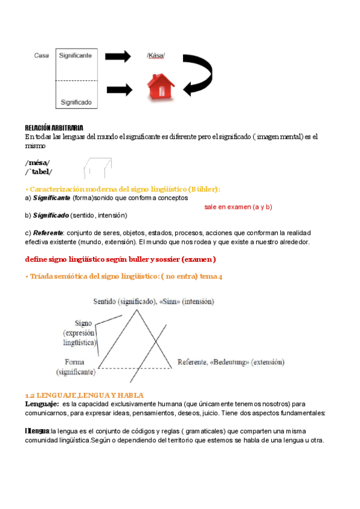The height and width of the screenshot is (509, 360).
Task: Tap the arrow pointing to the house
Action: pos(119,89)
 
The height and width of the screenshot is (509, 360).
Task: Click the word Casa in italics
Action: pos(41,56)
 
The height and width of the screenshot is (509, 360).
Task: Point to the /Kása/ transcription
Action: pos(155,56)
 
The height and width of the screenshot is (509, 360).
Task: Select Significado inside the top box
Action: pos(76,102)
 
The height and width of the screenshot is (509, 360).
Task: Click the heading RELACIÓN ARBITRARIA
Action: pos(54,128)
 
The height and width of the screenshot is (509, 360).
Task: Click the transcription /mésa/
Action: pos(37,163)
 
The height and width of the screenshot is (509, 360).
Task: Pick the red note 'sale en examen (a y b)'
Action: pos(234,206)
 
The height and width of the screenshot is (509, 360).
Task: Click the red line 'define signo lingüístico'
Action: pos(120,259)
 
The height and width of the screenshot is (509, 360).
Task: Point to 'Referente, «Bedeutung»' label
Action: pos(230,362)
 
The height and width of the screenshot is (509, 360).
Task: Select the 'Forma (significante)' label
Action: pos(76,367)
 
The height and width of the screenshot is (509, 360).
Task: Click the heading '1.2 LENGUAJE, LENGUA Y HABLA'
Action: pos(84,396)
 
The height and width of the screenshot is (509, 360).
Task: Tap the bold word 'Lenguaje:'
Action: pos(41,404)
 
